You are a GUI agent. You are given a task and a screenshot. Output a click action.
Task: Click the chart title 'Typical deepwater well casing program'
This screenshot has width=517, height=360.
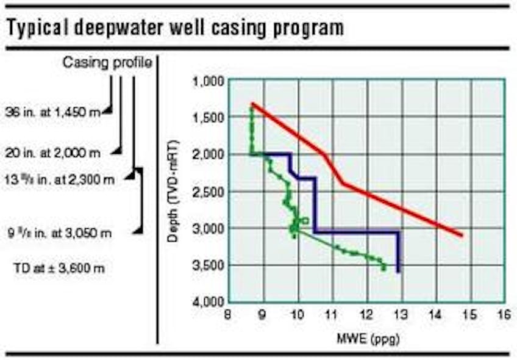pyautogui.click(x=174, y=27)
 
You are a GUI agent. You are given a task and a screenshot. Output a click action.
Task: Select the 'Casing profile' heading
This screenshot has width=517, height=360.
pyautogui.click(x=107, y=63)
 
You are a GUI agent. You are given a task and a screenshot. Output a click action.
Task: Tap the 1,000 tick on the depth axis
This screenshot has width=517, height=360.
pyautogui.click(x=209, y=81)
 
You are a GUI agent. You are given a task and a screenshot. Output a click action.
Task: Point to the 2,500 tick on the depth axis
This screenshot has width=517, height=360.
pyautogui.click(x=209, y=192)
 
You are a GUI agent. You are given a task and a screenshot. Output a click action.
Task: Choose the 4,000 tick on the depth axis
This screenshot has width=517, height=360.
pyautogui.click(x=209, y=302)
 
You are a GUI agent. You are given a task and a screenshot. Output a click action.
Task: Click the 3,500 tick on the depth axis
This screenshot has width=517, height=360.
pyautogui.click(x=209, y=265)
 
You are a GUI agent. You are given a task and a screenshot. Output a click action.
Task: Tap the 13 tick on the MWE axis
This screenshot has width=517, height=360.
pyautogui.click(x=401, y=315)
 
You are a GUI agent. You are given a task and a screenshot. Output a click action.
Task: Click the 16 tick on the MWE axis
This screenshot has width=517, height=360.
pyautogui.click(x=504, y=315)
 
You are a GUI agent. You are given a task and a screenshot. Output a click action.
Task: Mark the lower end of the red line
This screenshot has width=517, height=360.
pyautogui.click(x=462, y=235)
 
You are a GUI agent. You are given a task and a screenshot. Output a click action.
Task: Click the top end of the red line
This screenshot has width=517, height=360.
pyautogui.click(x=252, y=104)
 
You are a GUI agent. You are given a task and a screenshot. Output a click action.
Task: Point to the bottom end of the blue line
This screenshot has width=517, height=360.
pyautogui.click(x=398, y=272)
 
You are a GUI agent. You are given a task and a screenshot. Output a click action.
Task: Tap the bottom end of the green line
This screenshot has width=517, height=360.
pyautogui.click(x=383, y=268)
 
